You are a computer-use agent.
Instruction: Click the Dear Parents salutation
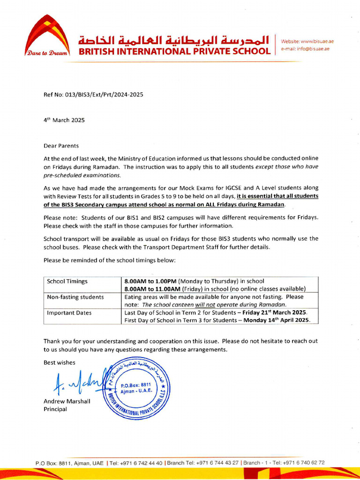tap(61, 146)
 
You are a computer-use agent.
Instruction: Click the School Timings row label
tap(67, 281)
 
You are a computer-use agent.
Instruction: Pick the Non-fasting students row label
tap(75, 297)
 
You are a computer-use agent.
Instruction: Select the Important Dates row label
tap(68, 313)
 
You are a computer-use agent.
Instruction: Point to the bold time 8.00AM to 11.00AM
tap(153, 289)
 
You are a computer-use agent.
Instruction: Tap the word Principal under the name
tap(55, 409)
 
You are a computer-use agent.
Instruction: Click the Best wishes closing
tap(59, 362)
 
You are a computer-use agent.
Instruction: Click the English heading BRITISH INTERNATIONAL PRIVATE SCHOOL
tap(174, 51)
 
